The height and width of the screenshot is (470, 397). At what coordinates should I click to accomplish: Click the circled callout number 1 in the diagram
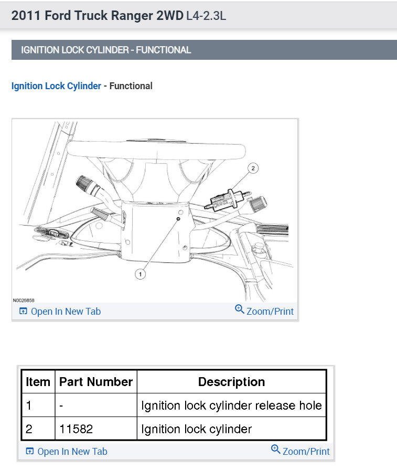pos(140,274)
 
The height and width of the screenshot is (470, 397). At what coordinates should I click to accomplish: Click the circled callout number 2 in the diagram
pos(253,168)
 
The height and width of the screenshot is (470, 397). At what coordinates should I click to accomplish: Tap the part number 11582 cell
pos(76,429)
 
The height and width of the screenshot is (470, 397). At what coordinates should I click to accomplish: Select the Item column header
pos(38,382)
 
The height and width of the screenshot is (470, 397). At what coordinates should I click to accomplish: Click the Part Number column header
pos(96,382)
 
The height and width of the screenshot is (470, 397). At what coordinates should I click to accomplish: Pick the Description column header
pos(231,382)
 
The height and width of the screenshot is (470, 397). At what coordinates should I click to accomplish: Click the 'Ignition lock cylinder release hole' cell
pos(231,405)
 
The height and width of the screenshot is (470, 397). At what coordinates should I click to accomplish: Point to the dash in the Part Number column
pos(61,405)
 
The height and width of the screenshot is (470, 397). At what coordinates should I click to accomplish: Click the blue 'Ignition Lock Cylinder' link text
pos(56,86)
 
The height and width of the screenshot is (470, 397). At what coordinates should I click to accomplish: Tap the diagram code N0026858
pos(24,301)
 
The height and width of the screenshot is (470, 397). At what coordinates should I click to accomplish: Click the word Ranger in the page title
pos(125,16)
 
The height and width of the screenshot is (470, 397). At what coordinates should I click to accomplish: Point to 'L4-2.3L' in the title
pos(206,16)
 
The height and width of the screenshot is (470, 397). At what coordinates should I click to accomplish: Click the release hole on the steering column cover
pos(179,219)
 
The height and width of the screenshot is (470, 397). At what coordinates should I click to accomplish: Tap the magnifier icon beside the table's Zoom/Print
pos(276,450)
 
